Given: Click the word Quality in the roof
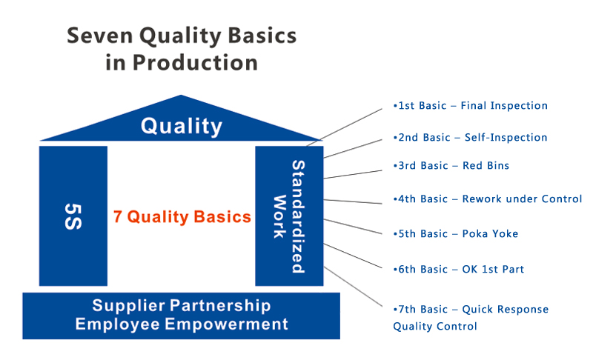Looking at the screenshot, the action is click(x=182, y=126).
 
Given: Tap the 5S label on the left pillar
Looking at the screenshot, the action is click(x=73, y=216).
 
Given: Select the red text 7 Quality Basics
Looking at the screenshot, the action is click(x=182, y=217).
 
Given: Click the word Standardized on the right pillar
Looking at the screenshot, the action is click(x=299, y=216).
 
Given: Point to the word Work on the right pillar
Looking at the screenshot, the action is click(x=279, y=216).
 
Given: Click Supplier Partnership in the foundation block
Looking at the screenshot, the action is click(x=182, y=306).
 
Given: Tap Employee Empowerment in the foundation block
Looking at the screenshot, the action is click(x=182, y=324).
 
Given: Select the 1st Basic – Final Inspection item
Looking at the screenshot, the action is click(x=471, y=105).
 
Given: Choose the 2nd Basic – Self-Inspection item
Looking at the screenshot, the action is click(x=470, y=137).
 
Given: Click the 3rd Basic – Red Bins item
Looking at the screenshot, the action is click(x=451, y=165).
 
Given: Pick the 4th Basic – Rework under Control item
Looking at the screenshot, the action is click(x=488, y=199).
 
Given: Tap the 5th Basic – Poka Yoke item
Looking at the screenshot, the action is click(x=455, y=233).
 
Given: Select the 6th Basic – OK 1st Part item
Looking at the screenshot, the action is click(x=458, y=269).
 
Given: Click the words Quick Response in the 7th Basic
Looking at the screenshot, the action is click(x=506, y=310).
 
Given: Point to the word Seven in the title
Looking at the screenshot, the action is click(x=100, y=36).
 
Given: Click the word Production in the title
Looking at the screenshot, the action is click(x=195, y=63).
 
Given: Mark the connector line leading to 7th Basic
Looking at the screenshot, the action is click(x=353, y=287).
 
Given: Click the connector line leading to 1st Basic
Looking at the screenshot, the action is click(x=344, y=127).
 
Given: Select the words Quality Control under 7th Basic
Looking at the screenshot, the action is click(x=435, y=327).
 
